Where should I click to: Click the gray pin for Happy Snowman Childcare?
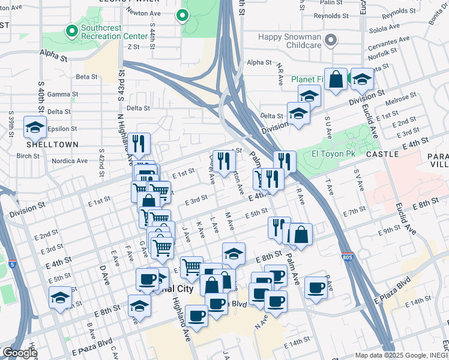pyautogui.click(x=330, y=41)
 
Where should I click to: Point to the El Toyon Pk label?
pyautogui.click(x=332, y=154)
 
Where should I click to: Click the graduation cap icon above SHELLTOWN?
pyautogui.click(x=35, y=128)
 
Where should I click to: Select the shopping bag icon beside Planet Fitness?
pyautogui.click(x=336, y=79)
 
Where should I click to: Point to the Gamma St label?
pyautogui.click(x=63, y=94)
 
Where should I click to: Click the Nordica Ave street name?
pyautogui.click(x=70, y=161)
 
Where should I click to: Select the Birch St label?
pyautogui.click(x=28, y=155)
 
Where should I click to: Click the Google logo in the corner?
pyautogui.click(x=19, y=353)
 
